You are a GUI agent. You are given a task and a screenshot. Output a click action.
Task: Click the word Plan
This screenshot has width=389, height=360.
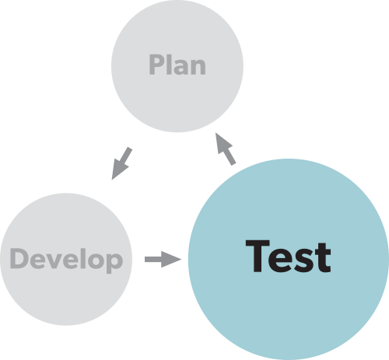point(177,65)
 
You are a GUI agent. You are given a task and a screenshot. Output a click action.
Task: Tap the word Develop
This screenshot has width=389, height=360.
point(66,260)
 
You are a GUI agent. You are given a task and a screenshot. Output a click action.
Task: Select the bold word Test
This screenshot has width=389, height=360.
point(288,256)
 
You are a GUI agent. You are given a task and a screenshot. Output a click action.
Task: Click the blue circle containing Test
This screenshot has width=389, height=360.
point(289,259)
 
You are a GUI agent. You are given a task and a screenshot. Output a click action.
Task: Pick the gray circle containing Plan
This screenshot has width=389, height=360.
point(177,66)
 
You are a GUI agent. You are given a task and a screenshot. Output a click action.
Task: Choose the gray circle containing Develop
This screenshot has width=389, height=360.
point(66,259)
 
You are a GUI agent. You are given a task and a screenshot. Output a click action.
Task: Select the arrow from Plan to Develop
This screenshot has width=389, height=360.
point(121,164)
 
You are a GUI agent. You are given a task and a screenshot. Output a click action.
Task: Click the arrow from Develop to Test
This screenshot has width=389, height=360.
point(163,259)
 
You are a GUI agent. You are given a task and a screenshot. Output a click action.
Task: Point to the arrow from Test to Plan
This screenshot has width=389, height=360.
point(226,149)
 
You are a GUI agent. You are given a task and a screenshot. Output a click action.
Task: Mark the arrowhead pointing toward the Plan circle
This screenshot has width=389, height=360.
point(223,143)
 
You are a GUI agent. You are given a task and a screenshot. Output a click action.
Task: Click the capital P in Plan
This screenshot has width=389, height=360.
point(156,65)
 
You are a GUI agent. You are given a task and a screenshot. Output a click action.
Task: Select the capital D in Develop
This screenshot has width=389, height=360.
point(18,258)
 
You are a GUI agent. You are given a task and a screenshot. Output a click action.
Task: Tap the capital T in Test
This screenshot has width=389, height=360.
point(258,256)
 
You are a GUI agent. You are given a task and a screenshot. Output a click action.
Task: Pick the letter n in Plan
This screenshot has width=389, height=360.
point(198,67)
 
